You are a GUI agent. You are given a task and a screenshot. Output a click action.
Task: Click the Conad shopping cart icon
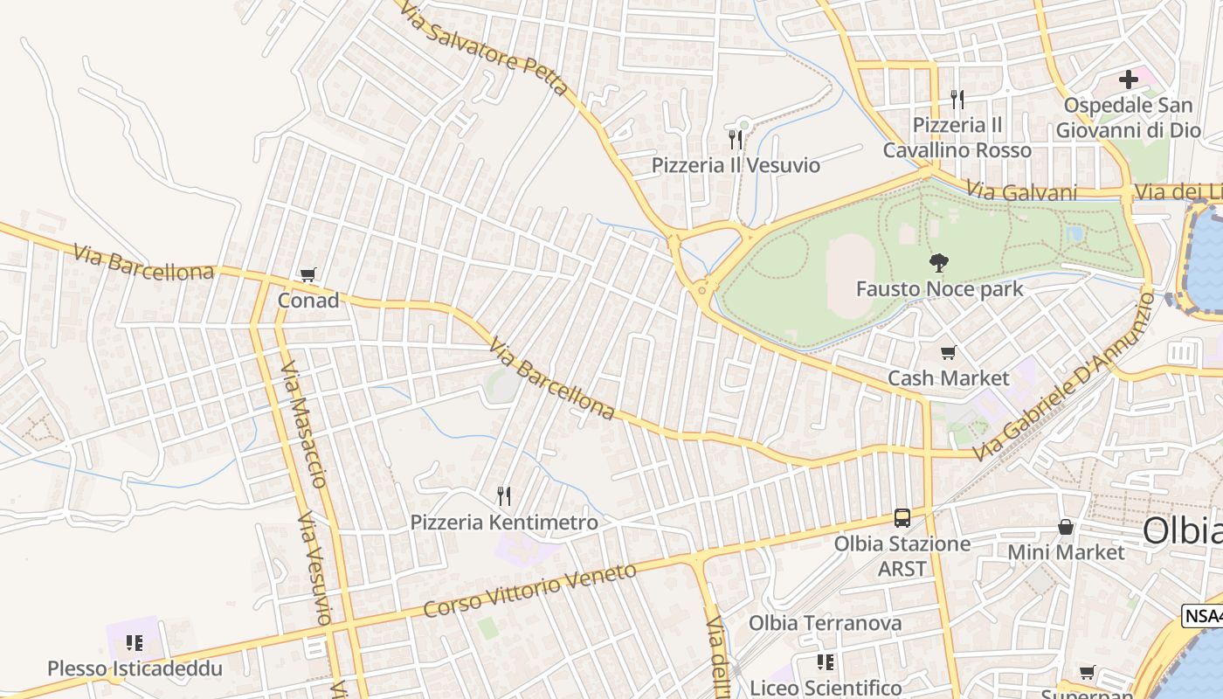307,276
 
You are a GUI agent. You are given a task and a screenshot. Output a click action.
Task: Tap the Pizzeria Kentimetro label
504,523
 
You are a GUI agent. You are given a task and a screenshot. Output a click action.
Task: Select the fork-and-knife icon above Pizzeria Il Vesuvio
736,139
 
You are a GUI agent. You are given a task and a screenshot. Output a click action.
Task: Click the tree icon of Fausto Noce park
939,262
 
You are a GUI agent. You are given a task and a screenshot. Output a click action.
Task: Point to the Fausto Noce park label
939,288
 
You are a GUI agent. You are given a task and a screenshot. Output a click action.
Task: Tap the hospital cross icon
1129,80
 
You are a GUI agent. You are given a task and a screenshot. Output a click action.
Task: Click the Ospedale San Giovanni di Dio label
1128,118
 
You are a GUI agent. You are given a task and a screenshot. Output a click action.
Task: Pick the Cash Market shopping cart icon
948,353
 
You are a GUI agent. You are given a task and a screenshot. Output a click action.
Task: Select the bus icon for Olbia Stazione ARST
902,518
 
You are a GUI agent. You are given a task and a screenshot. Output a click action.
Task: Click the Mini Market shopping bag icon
1066,527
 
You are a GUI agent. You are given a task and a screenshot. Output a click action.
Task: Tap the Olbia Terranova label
825,623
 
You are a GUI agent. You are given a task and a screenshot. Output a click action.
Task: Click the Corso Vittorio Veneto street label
530,591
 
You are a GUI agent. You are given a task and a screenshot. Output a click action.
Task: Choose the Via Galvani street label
1021,192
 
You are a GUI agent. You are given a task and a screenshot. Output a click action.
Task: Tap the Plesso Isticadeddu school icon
135,644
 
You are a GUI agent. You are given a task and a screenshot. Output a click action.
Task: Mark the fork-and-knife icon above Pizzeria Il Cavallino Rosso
957,100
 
